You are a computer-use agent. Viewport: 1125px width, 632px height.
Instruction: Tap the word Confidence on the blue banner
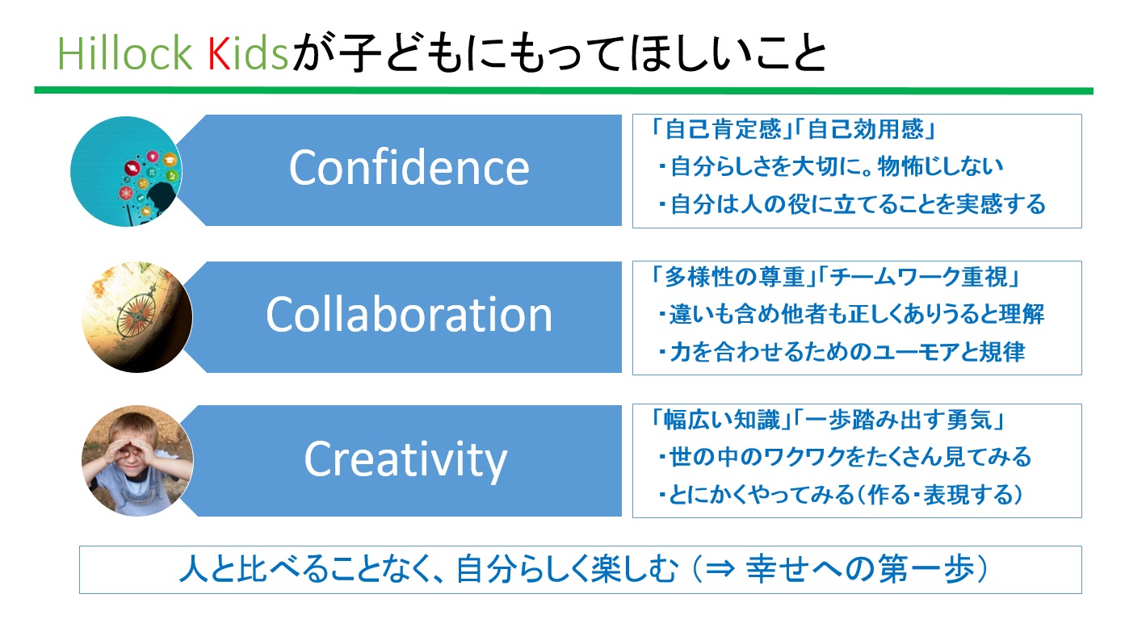[x=409, y=168]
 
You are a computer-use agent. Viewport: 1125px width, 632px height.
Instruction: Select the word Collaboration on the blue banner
[x=409, y=314]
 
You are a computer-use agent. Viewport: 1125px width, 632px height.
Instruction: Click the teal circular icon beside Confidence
[x=126, y=171]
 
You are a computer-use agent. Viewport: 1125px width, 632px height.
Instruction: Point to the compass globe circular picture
[x=137, y=317]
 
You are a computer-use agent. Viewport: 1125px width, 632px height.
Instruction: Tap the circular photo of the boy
[x=137, y=461]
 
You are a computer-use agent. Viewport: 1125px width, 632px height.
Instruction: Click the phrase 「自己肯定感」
[x=720, y=129]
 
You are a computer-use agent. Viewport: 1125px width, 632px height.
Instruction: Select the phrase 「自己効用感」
[x=864, y=129]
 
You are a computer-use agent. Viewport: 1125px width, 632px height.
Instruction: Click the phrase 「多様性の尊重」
[x=734, y=277]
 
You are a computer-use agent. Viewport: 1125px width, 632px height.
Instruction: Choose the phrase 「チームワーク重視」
[x=918, y=277]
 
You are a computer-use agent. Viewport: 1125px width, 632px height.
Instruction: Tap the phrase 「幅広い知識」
[x=720, y=421]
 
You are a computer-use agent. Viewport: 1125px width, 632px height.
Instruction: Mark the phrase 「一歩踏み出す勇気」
[x=899, y=421]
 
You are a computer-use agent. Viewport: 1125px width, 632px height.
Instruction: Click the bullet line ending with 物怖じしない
[x=831, y=166]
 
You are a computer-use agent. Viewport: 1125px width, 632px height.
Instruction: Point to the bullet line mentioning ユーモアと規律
[x=842, y=352]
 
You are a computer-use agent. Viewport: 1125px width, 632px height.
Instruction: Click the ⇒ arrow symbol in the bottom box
[x=720, y=570]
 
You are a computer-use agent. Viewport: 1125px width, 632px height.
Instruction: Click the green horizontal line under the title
[x=564, y=91]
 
